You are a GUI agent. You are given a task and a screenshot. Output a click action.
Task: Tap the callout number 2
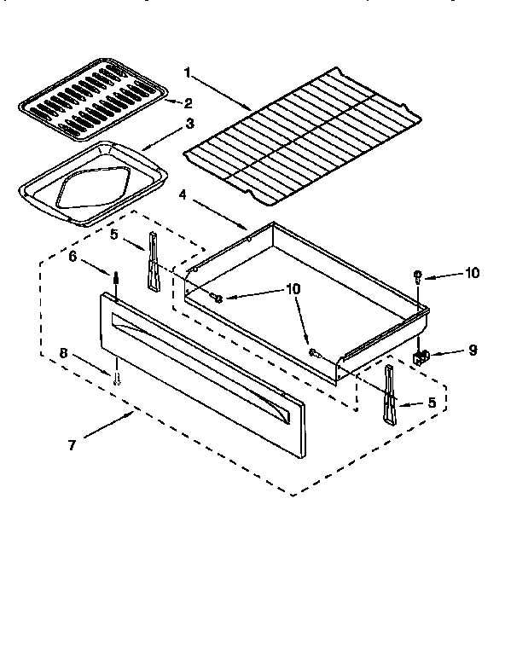click(x=187, y=103)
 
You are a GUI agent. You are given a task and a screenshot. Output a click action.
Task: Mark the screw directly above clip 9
click(x=417, y=275)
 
